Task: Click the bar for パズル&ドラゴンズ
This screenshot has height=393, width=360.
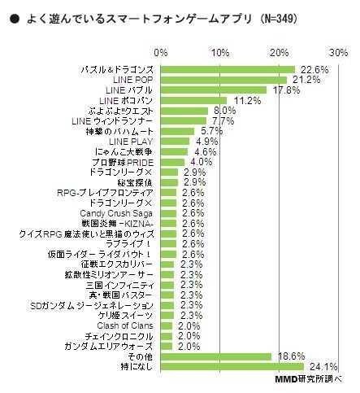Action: click(228, 70)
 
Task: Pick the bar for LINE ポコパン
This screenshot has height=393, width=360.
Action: click(193, 100)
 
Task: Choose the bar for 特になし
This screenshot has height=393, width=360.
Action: click(232, 366)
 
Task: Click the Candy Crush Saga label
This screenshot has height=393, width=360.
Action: click(117, 213)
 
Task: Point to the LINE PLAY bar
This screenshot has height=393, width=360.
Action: click(175, 141)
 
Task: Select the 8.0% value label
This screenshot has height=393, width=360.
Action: click(223, 111)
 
